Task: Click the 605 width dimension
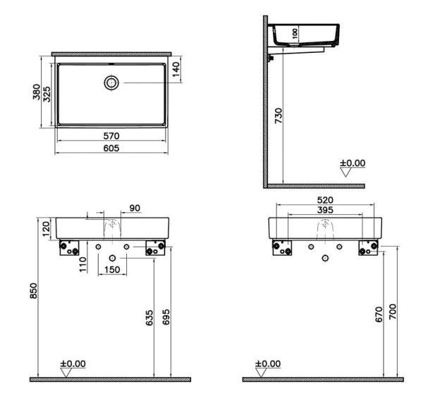[111, 148]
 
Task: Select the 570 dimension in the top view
[111, 135]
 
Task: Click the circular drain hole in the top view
[111, 83]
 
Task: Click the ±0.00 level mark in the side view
[352, 164]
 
